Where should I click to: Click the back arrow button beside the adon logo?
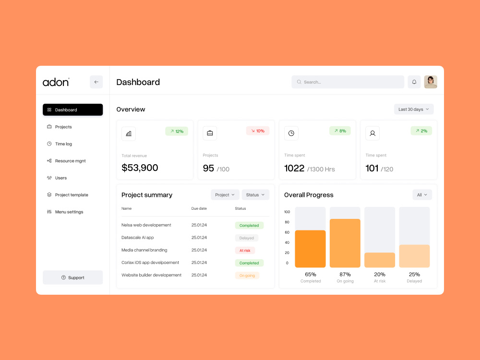[x=96, y=82]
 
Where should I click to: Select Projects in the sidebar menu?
[x=63, y=127]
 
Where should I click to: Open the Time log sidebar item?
[x=63, y=144]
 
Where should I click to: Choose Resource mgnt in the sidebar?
[x=70, y=161]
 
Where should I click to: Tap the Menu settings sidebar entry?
[x=69, y=212]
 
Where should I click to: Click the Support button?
[x=73, y=277]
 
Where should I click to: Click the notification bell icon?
[x=414, y=82]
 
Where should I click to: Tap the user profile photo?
[x=431, y=82]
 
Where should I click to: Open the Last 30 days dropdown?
[x=414, y=109]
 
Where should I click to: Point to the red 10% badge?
[x=258, y=131]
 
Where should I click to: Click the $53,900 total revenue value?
[x=140, y=168]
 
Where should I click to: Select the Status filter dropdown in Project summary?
[x=255, y=195]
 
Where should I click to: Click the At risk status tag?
[x=245, y=251]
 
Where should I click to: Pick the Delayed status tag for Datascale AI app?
[x=246, y=238]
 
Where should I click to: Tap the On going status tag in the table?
[x=247, y=276]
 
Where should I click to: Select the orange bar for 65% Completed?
[x=310, y=249]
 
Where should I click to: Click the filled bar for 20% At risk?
[x=380, y=260]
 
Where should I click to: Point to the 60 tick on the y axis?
[x=287, y=232]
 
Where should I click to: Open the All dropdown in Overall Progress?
[x=422, y=195]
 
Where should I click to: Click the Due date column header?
[x=199, y=208]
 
